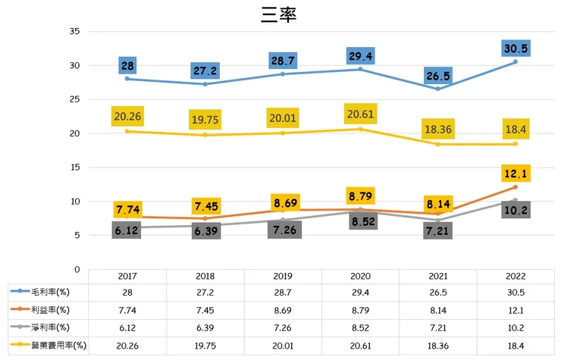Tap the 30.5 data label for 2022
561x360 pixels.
516,48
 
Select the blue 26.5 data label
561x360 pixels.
438,75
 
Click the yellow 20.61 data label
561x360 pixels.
359,114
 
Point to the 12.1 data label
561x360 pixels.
516,174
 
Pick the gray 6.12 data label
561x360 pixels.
127,228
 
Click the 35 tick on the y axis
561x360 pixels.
74,31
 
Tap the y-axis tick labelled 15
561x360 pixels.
74,167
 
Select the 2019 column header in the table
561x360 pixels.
282,276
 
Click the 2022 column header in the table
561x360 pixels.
516,276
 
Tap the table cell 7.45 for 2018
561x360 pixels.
205,310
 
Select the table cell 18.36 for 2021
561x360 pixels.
438,345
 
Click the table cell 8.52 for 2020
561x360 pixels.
360,327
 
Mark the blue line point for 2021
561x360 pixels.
438,89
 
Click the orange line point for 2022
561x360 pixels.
516,186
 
